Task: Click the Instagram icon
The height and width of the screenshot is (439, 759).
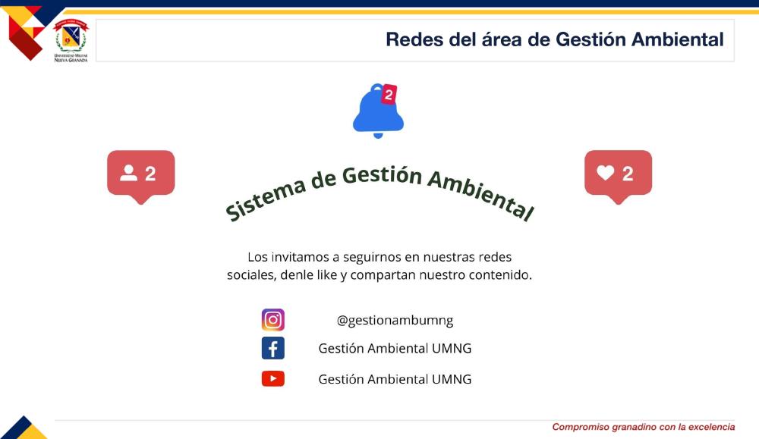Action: click(273, 319)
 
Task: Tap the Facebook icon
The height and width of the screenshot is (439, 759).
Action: click(273, 348)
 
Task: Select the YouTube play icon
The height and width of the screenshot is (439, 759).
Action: click(273, 378)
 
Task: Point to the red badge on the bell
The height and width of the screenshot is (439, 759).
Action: click(389, 94)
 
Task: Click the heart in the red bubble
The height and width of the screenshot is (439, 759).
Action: click(606, 173)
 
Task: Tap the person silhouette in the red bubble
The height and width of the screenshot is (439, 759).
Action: click(129, 173)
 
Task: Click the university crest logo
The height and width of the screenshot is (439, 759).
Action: click(71, 40)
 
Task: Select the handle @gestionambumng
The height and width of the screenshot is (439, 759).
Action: click(395, 320)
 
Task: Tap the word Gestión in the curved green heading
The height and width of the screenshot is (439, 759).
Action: click(382, 175)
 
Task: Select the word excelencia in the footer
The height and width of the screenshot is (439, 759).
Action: click(712, 427)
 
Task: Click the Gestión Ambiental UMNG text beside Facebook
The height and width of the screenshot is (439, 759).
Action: click(395, 348)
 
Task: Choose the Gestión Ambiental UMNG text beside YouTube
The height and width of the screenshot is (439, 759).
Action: click(395, 379)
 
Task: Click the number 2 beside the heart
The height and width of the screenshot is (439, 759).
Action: click(628, 174)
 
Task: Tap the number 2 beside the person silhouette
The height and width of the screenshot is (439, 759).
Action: click(150, 174)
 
